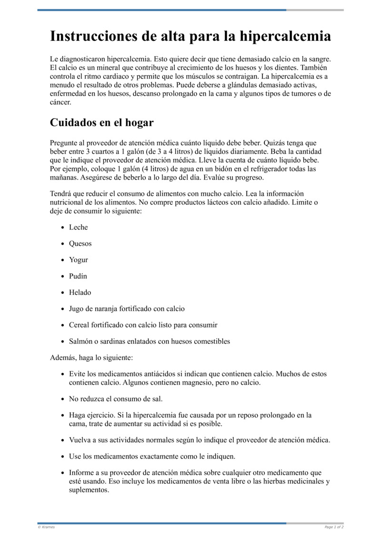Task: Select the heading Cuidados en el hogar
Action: click(x=101, y=122)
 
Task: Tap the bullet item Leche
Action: click(x=78, y=228)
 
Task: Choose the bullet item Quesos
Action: click(x=80, y=244)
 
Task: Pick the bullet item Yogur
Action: click(x=78, y=260)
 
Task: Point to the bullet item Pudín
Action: click(x=78, y=276)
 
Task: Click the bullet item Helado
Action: click(x=80, y=292)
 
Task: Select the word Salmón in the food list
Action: click(x=81, y=341)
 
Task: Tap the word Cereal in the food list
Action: click(x=80, y=325)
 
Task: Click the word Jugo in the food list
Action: click(x=77, y=309)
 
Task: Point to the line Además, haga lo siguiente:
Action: click(x=91, y=358)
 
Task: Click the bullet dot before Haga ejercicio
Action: click(x=63, y=416)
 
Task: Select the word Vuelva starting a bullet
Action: click(x=80, y=440)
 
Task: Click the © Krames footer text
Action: click(x=46, y=527)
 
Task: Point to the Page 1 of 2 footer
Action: click(x=334, y=527)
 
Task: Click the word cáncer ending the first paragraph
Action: click(x=60, y=102)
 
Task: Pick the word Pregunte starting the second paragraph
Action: click(x=64, y=143)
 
